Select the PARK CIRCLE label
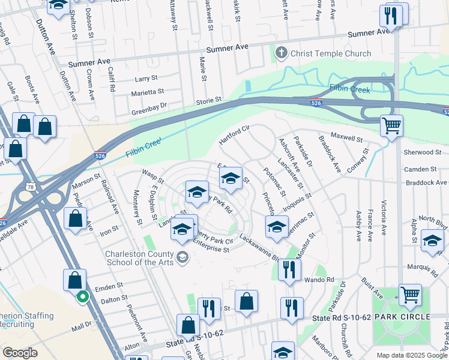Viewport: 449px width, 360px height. (402, 316)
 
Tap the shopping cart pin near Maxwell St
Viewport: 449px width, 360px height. (391, 127)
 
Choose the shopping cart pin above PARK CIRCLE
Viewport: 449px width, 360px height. (410, 295)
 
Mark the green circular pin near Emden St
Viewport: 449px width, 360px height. (83, 296)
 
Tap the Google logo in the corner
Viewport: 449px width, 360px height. (20, 353)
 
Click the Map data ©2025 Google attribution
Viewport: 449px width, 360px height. (411, 355)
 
